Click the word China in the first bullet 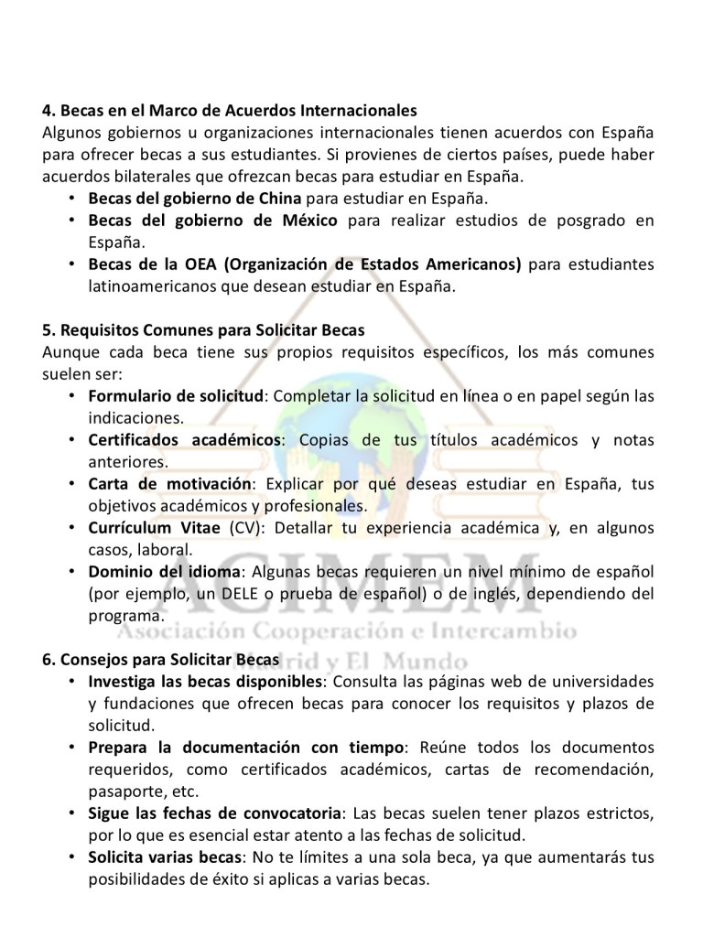[281, 198]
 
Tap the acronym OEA [196, 264]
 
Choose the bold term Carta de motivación [168, 483]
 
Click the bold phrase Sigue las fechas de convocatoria [214, 813]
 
